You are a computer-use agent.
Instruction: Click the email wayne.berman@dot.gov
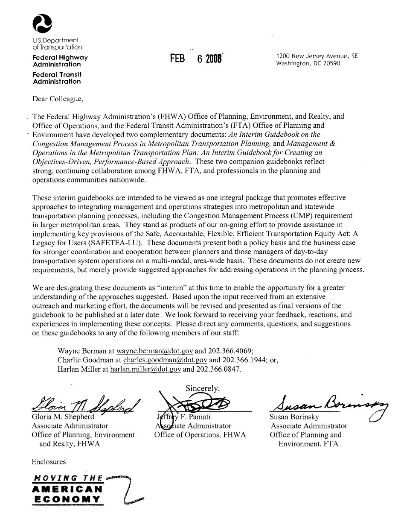[154, 351]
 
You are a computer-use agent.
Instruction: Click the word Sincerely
[203, 388]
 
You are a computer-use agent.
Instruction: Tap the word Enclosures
[49, 462]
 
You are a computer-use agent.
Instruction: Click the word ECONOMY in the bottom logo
[67, 499]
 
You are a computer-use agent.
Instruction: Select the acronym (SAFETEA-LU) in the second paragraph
[103, 242]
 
